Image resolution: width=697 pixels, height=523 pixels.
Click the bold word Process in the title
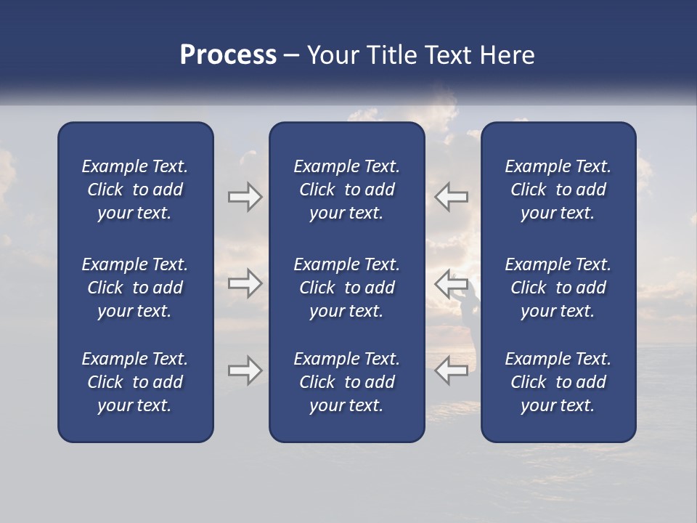pos(228,55)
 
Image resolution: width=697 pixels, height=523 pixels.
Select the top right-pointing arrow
pos(245,197)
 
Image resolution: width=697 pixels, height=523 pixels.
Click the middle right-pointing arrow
pos(245,283)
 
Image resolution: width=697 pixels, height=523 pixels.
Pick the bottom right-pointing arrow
pos(245,370)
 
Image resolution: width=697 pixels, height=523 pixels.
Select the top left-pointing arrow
pos(452,197)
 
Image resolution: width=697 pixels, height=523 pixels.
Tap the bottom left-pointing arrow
pos(452,370)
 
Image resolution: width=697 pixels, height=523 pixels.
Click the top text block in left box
pos(135,190)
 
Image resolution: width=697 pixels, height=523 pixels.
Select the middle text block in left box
pos(135,288)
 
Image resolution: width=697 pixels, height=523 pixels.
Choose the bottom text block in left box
pos(135,382)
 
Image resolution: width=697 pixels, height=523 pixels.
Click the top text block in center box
pos(346,190)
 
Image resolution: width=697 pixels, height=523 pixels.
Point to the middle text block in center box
pos(346,288)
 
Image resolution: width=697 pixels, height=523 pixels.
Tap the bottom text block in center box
pos(346,382)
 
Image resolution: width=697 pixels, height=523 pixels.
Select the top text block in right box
pos(558,190)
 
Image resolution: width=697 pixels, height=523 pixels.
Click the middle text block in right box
pos(558,288)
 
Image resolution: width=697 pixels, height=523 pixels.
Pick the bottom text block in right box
pos(558,382)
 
